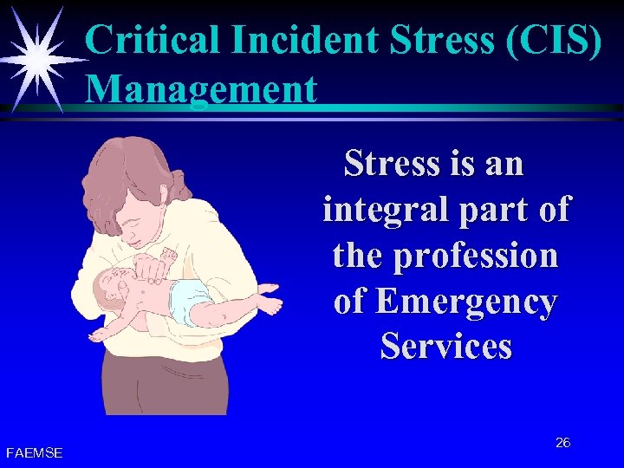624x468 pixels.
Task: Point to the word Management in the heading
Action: coord(201,88)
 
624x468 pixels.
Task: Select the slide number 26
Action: coord(562,443)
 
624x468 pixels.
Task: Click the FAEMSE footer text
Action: coord(34,452)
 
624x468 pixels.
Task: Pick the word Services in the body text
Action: coord(445,347)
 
